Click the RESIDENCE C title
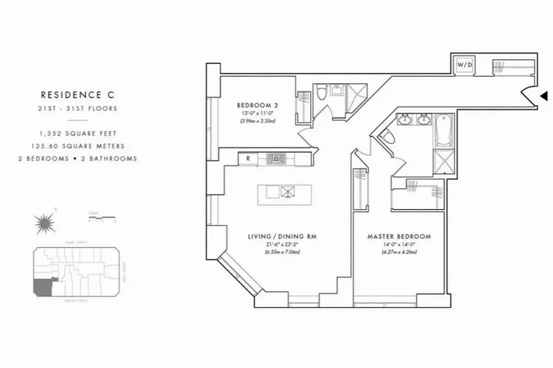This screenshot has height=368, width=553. tap(77, 95)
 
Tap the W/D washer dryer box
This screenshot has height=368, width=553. tap(464, 65)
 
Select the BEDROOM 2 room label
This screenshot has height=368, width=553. tap(258, 104)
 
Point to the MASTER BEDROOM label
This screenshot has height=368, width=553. tap(399, 236)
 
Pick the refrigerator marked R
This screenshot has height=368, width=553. tap(248, 159)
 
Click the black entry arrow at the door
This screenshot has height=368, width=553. tap(544, 96)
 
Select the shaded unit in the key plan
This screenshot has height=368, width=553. tap(42, 287)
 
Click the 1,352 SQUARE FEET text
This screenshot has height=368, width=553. tap(77, 133)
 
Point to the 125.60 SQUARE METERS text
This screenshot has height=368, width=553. tap(77, 146)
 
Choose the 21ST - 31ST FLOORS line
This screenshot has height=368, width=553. tap(77, 109)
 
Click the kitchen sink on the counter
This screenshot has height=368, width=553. tap(276, 159)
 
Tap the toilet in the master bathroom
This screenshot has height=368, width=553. tap(388, 137)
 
